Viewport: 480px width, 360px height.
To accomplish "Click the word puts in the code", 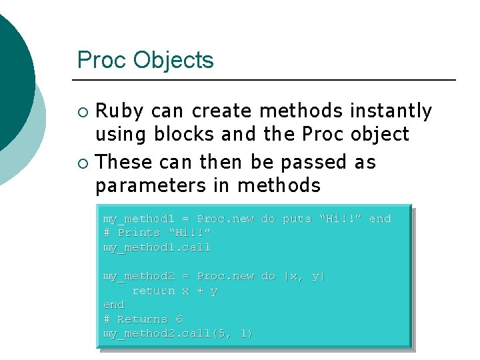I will tap(297, 219).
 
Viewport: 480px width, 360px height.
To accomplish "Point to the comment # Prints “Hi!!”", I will tap(157, 233).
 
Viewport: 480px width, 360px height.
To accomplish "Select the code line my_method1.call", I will tap(157, 247).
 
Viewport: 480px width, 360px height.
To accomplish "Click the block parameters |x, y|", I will tap(305, 276).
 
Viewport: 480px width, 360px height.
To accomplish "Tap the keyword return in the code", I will tap(153, 291).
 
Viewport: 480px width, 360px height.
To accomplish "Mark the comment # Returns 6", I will tap(143, 319).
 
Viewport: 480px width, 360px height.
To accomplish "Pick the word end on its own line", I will tap(114, 305).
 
